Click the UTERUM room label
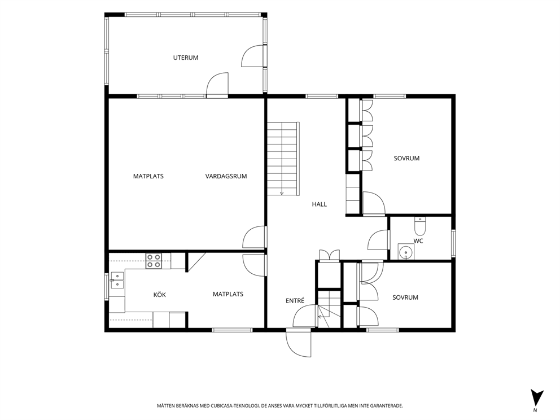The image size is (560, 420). tap(186, 58)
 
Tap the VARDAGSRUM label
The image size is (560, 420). tap(226, 176)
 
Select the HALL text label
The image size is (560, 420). tap(320, 204)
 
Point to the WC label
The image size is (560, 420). tap(418, 241)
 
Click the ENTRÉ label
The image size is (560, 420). tap(295, 301)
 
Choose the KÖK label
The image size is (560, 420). tap(160, 295)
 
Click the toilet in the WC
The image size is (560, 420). tap(420, 226)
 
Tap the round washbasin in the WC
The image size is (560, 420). tap(405, 251)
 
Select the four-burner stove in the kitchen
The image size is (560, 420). tap(154, 261)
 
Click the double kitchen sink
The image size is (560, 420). tap(117, 280)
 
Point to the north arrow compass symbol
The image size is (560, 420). tap(536, 399)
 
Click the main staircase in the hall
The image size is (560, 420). tap(283, 158)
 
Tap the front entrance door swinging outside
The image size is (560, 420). tap(299, 343)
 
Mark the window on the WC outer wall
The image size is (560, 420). tap(453, 243)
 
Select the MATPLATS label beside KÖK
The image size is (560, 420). tap(228, 294)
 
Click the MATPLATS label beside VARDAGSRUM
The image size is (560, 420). tap(148, 176)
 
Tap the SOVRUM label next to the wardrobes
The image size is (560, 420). tap(406, 158)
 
